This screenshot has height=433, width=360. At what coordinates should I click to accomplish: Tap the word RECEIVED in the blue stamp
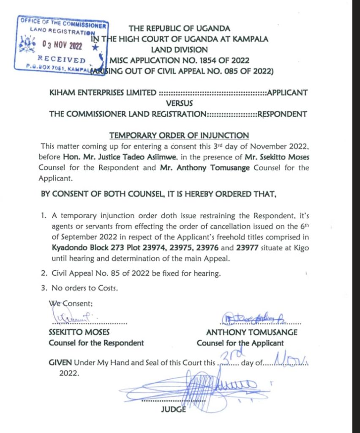tap(61, 59)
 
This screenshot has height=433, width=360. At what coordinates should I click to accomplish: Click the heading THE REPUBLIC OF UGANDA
tap(180, 29)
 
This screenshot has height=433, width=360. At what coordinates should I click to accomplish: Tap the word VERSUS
tap(179, 103)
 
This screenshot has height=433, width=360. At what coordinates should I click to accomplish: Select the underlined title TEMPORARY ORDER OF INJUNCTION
tap(179, 135)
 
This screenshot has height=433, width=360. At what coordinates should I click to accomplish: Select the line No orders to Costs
tap(85, 288)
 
